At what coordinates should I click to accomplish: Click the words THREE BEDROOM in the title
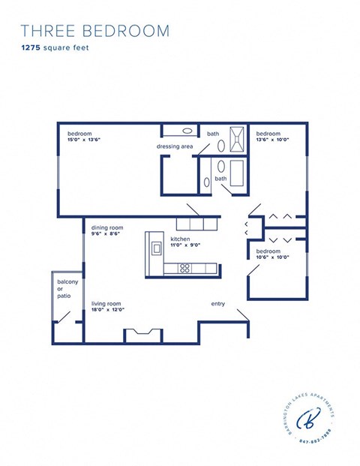pyautogui.click(x=95, y=31)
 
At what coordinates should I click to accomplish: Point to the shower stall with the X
pyautogui.click(x=237, y=139)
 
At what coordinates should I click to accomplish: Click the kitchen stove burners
pyautogui.click(x=184, y=268)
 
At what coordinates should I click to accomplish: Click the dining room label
pyautogui.click(x=107, y=227)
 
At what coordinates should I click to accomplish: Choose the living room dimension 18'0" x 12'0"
pyautogui.click(x=107, y=309)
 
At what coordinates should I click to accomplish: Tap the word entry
pyautogui.click(x=218, y=304)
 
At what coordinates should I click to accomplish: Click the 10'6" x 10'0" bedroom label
pyautogui.click(x=273, y=257)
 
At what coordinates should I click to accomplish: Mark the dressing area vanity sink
pyautogui.click(x=177, y=130)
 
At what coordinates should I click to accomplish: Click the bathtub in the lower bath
pyautogui.click(x=238, y=173)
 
